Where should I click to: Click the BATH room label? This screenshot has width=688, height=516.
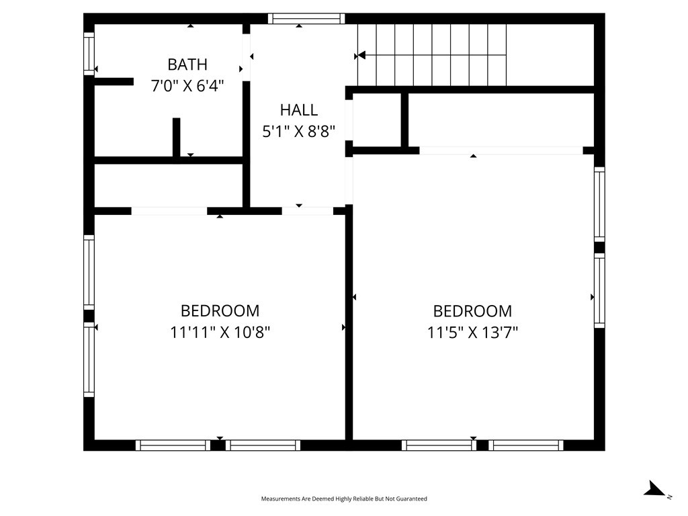tap(187, 64)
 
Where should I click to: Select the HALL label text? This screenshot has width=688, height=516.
tap(299, 110)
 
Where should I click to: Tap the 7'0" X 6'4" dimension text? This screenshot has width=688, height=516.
tap(187, 85)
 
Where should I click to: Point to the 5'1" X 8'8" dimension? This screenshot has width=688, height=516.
tap(299, 131)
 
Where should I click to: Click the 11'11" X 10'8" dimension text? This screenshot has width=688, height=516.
tap(220, 332)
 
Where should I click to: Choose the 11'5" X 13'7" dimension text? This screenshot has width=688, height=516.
tap(472, 332)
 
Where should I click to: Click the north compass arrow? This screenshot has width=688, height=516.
tap(656, 489)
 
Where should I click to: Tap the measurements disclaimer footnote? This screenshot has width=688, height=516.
tap(344, 499)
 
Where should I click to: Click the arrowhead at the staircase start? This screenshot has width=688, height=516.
tap(361, 55)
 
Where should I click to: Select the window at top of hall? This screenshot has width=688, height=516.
tap(306, 18)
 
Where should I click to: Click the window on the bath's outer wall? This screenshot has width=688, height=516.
tap(89, 54)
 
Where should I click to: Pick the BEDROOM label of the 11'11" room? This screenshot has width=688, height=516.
tap(220, 310)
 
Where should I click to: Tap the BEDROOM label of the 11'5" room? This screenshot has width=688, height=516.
tap(472, 310)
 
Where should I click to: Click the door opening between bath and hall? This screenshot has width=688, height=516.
tap(247, 58)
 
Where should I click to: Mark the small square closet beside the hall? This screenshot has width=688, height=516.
tap(377, 120)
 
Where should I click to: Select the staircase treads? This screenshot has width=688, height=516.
tap(432, 55)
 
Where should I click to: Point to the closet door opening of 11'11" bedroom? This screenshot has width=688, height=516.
tap(169, 211)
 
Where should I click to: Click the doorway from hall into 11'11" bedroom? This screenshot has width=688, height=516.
tap(307, 211)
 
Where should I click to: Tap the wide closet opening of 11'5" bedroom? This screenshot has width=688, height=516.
tap(501, 150)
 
